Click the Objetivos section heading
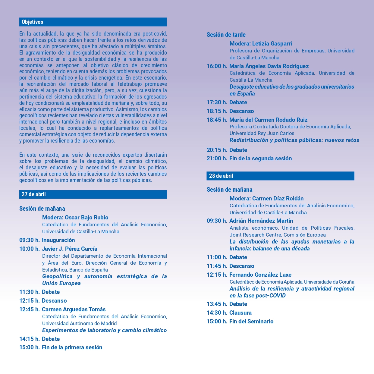coord(33,22)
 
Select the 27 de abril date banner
coord(34,194)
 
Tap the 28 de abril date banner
coord(221,176)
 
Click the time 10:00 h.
coord(29,249)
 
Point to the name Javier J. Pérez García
coord(70,249)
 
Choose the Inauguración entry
coord(58,240)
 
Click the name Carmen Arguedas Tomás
coord(74,310)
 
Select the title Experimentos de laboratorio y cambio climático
coord(104,330)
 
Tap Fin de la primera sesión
coord(72,347)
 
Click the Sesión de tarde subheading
coord(226,35)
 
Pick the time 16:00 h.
coord(217,66)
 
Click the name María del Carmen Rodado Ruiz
coord(268,120)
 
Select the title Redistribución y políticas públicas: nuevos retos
coord(294,140)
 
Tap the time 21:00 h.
coord(217,159)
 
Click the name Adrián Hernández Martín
coord(261,221)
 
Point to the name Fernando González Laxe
coord(260,275)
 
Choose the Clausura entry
coord(240,313)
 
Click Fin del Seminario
coord(251,322)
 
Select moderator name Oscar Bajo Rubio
coord(75,218)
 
